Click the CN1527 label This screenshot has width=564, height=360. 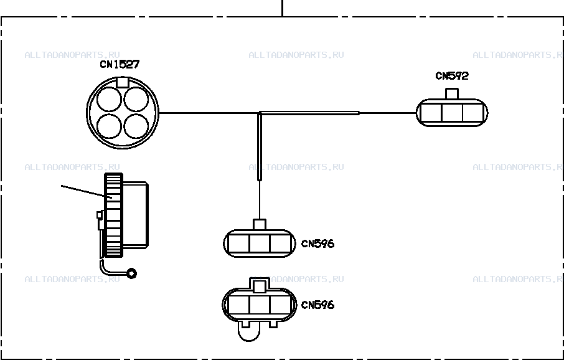tap(120, 64)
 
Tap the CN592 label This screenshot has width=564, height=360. tap(452, 76)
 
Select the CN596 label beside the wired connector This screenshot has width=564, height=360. tap(317, 244)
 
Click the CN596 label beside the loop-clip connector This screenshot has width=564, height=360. tap(317, 305)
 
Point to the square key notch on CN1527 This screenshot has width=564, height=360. tap(122, 82)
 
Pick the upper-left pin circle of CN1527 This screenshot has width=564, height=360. tap(110, 100)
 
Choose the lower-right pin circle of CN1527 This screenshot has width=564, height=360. tap(136, 126)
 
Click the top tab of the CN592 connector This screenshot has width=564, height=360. tap(452, 93)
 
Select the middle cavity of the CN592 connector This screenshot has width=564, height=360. tap(452, 113)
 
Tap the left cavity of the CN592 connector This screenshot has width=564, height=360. tap(431, 113)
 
